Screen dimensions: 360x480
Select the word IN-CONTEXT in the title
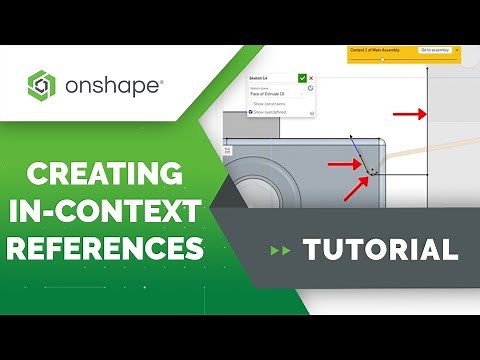point(104,211)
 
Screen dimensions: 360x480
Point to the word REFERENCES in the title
point(104,246)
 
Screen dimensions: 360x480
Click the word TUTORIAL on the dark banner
point(380,249)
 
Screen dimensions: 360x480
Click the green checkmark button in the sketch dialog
point(302,77)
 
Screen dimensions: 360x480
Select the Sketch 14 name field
point(270,77)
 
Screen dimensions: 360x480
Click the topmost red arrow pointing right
point(407,114)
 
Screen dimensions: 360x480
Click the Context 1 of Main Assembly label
point(374,49)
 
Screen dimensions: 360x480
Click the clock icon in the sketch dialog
point(311,88)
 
